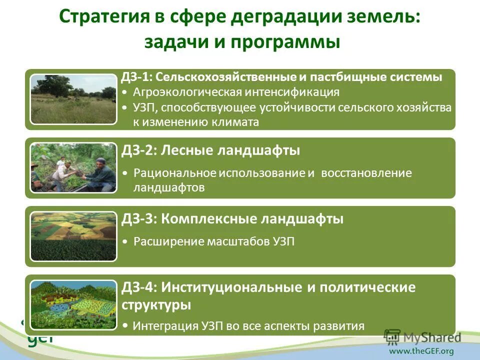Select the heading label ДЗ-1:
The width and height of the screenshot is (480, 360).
(x=136, y=77)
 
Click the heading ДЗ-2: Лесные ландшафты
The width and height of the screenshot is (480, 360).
(x=210, y=150)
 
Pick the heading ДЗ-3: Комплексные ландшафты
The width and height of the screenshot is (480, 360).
(x=232, y=218)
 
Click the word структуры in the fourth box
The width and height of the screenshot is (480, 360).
(x=156, y=304)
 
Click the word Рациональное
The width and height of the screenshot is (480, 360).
(x=174, y=173)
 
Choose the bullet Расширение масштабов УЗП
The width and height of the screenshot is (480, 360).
(x=214, y=242)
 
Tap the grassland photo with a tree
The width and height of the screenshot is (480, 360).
(x=73, y=99)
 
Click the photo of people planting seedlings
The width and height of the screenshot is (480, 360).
(x=73, y=167)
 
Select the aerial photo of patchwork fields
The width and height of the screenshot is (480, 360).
(x=73, y=236)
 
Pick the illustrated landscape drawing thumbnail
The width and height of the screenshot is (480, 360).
(x=73, y=304)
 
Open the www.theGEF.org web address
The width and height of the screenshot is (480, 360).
(x=421, y=351)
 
